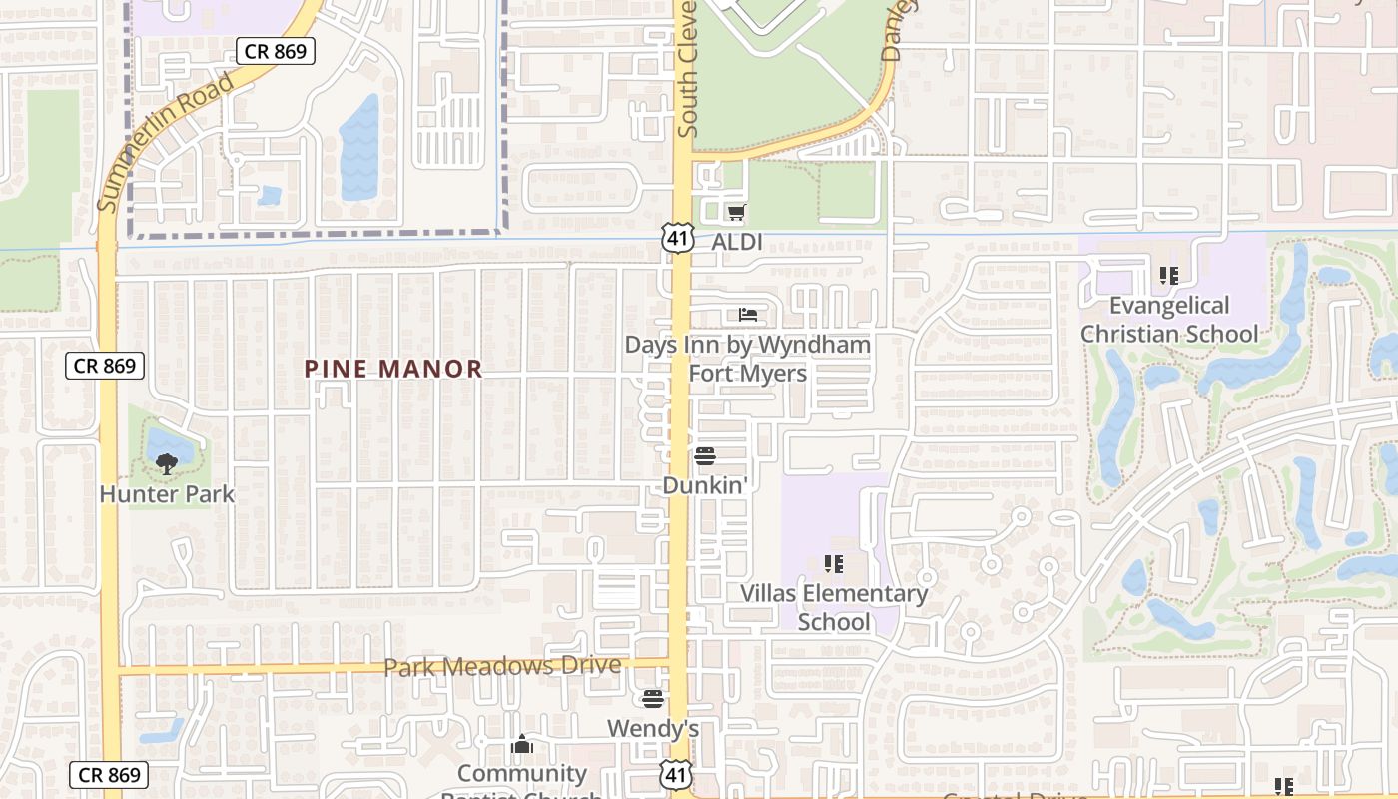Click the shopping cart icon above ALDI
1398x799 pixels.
point(737,212)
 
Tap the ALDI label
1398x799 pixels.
point(737,242)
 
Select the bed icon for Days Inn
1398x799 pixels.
point(748,315)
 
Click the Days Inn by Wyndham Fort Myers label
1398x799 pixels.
point(748,359)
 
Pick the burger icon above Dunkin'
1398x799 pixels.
point(705,456)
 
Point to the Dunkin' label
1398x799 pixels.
point(705,485)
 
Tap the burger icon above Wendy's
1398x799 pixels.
point(653,698)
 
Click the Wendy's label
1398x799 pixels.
point(653,729)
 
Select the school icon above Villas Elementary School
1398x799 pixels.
point(834,565)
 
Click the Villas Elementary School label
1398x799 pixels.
point(834,607)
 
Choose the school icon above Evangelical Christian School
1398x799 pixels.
point(1169,275)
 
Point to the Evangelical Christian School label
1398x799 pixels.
point(1169,319)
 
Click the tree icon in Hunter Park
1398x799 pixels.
point(167,462)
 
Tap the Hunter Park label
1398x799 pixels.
point(167,493)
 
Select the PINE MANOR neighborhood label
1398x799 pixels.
point(393,369)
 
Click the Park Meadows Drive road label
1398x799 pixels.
point(502,666)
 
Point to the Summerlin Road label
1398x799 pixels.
point(167,140)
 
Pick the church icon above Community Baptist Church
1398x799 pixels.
point(521,745)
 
